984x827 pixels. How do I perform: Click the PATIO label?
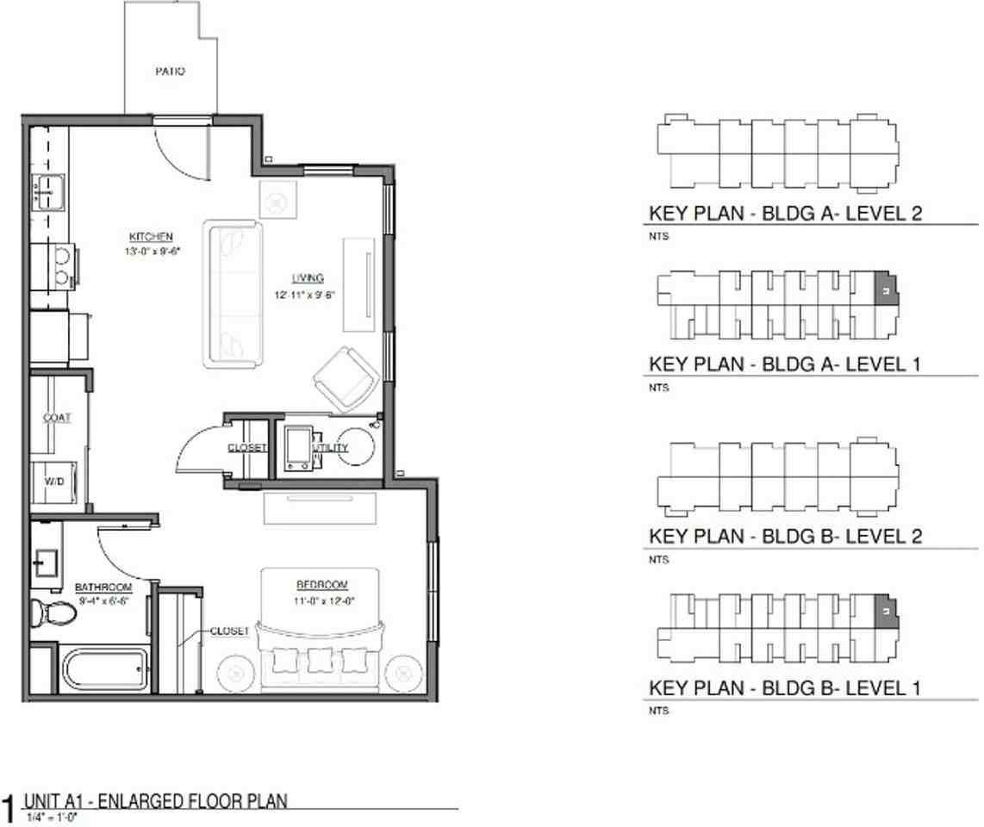[x=170, y=72]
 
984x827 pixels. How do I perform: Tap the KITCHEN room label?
[x=152, y=236]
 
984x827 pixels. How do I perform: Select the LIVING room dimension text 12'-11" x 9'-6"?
[x=301, y=295]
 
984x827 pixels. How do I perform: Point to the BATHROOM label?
[x=103, y=587]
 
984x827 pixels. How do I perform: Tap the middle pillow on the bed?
[x=321, y=662]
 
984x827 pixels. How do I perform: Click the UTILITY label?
[x=332, y=448]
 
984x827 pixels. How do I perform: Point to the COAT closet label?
[x=57, y=418]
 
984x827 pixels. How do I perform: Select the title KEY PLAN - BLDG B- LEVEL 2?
[x=785, y=537]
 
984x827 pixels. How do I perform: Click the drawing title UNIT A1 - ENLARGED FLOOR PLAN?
[x=155, y=801]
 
